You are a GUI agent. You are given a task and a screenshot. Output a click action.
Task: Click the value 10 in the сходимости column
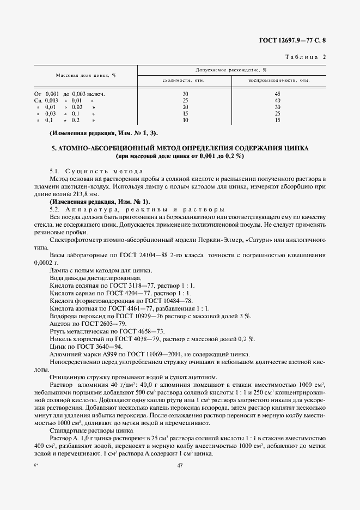tap(185, 120)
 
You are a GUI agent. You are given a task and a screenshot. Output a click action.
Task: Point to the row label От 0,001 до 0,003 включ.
tap(70, 94)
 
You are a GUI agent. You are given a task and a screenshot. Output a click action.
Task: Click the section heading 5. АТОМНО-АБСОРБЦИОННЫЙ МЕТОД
tap(180, 148)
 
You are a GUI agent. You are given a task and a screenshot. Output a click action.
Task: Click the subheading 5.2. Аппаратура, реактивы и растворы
tap(137, 209)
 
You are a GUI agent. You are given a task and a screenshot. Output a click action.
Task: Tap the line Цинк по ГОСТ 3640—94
tap(86, 346)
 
